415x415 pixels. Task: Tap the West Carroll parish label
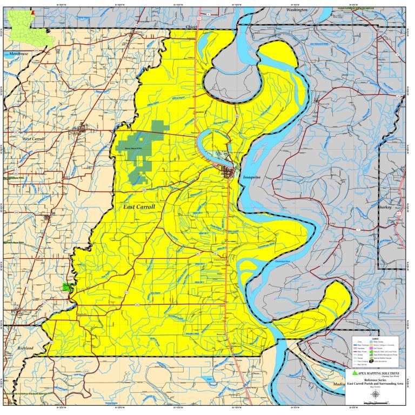(34, 139)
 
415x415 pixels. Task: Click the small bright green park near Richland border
(66, 287)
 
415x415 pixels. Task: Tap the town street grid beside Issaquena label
(230, 173)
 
